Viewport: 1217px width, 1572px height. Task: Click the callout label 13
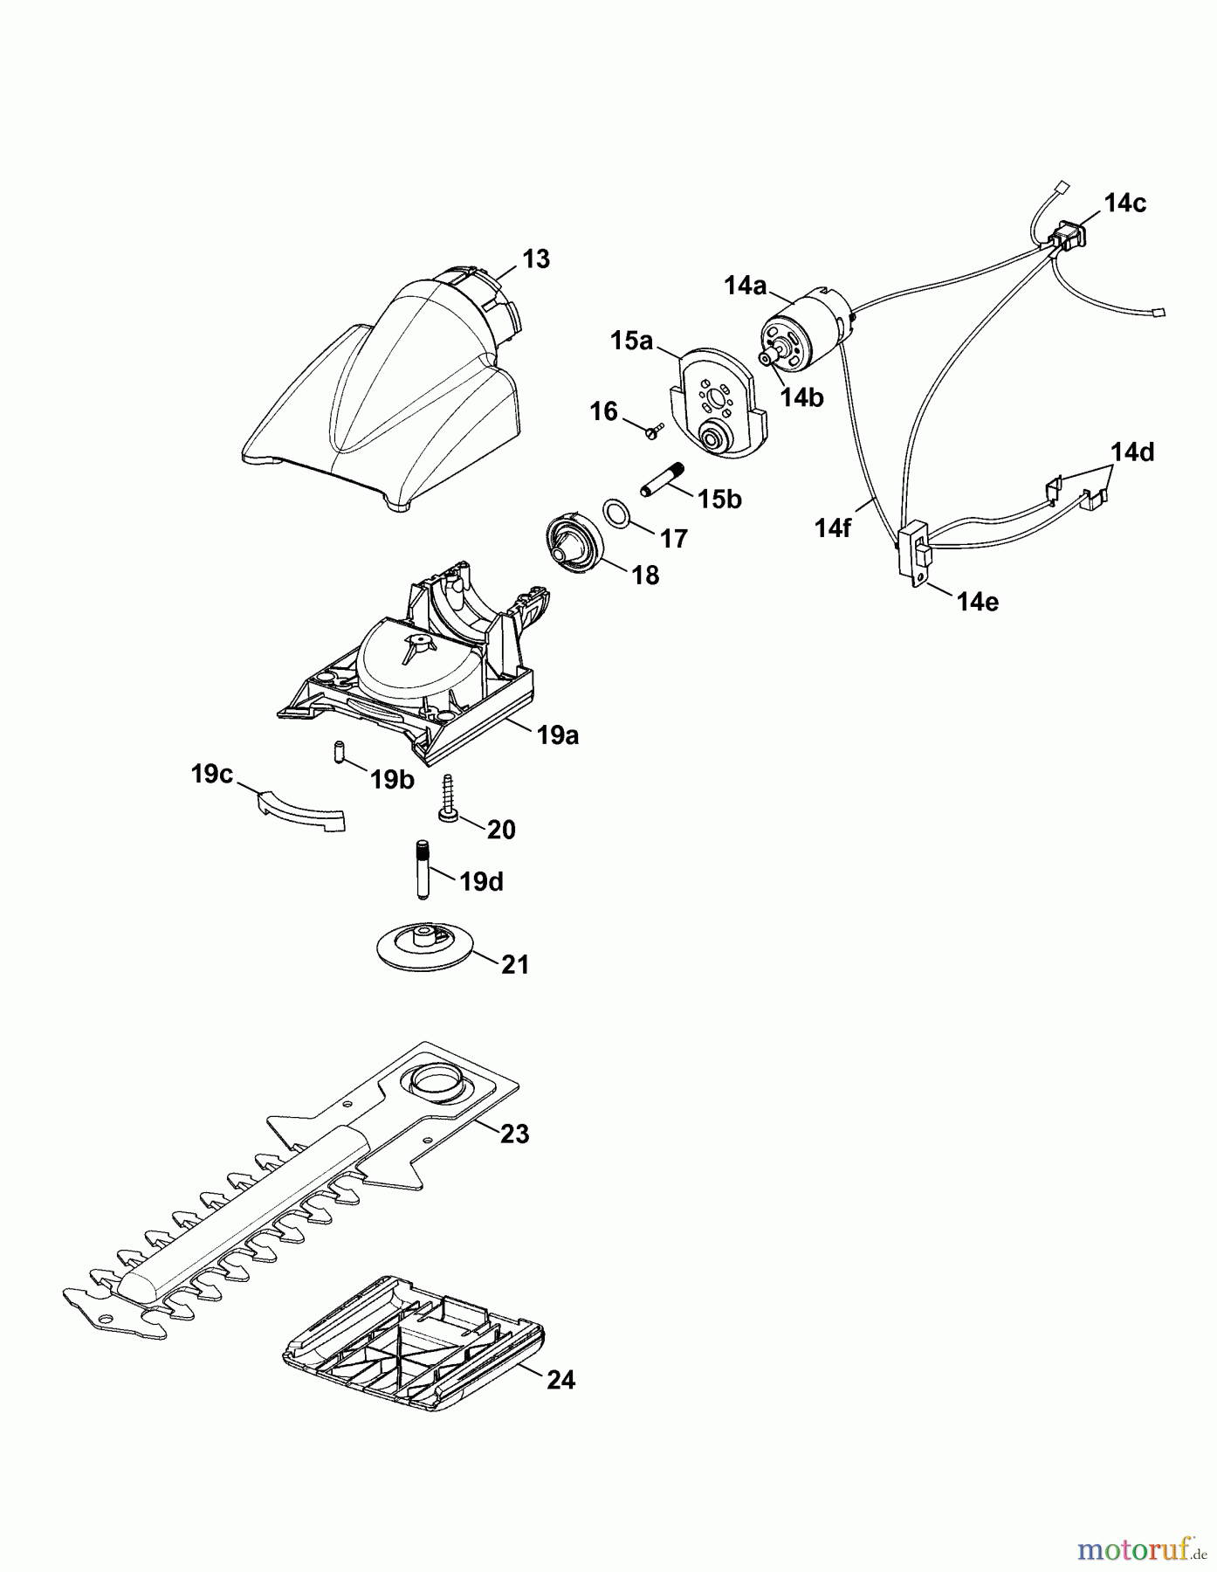536,259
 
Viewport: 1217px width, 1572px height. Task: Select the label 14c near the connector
1124,203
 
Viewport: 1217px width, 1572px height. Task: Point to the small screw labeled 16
653,430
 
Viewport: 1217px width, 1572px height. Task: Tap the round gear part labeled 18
573,545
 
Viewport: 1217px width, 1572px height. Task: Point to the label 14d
1132,452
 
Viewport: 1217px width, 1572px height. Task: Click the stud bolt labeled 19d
422,868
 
